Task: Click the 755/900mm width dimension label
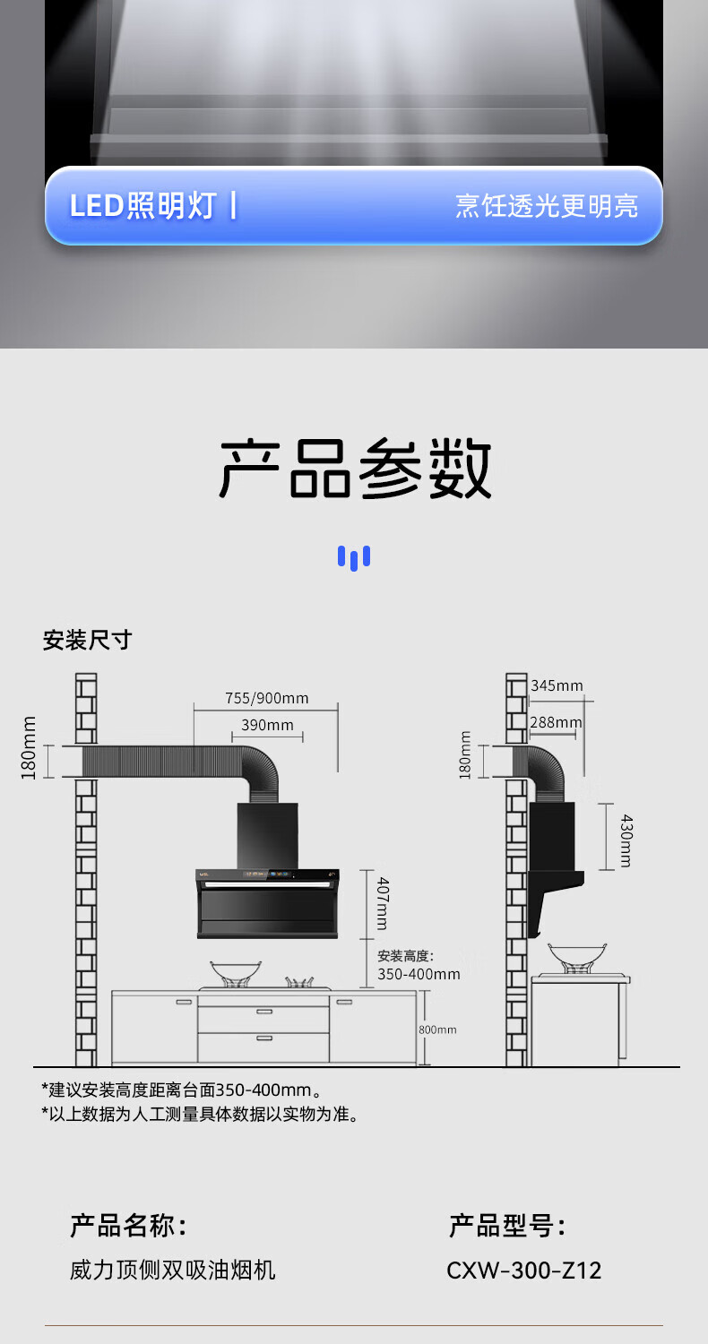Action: click(x=266, y=698)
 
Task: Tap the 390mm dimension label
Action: click(x=267, y=725)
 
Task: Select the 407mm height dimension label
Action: click(x=382, y=902)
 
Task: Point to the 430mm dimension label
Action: click(x=626, y=840)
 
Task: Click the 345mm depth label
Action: click(x=557, y=685)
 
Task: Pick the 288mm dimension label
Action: click(x=555, y=722)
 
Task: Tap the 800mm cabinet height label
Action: click(x=437, y=1030)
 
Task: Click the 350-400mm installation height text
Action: click(x=419, y=974)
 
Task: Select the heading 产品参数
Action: click(x=355, y=469)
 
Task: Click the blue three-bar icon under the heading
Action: click(x=354, y=557)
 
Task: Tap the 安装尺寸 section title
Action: click(x=87, y=640)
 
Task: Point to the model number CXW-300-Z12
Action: click(x=524, y=1270)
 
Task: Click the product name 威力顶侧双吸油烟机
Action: click(x=173, y=1270)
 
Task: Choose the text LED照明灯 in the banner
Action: click(x=143, y=205)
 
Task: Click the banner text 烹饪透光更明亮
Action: click(x=547, y=205)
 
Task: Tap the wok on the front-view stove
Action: click(x=236, y=971)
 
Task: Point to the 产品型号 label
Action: click(x=507, y=1225)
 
